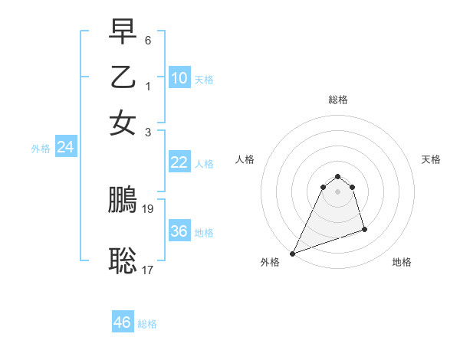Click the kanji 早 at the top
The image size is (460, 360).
pos(123,32)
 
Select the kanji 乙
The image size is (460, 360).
pos(123,77)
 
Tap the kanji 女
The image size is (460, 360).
pos(123,123)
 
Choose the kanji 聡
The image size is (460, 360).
pos(123,261)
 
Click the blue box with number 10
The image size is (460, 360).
pos(179,78)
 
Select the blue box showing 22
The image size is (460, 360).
pos(179,162)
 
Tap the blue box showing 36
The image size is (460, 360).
pos(179,231)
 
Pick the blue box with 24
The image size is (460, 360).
pos(65,148)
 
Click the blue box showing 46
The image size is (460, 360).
pos(123,322)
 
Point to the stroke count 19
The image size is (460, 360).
pos(149,208)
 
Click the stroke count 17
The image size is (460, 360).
pos(149,269)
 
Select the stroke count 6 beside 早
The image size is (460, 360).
pos(148,39)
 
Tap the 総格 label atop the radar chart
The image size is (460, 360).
pos(338,100)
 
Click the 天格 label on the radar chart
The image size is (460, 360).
pos(432,159)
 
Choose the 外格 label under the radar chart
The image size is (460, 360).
pos(270,262)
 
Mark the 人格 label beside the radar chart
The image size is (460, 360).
pos(245,159)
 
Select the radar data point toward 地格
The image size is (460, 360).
pos(364,229)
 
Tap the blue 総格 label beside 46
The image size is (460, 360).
pos(147,324)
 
